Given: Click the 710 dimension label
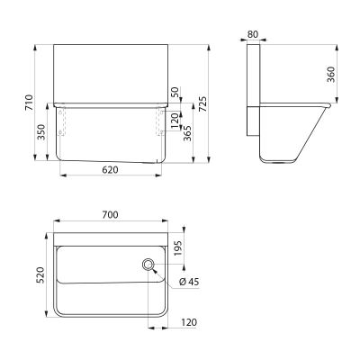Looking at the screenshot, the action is pyautogui.click(x=29, y=103).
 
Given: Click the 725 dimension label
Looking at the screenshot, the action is pyautogui.click(x=202, y=104).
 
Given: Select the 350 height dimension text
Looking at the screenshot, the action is pyautogui.click(x=41, y=132).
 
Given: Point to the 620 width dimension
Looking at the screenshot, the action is pyautogui.click(x=110, y=170).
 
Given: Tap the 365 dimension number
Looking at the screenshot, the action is pyautogui.click(x=187, y=133).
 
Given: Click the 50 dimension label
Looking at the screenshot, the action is pyautogui.click(x=175, y=92).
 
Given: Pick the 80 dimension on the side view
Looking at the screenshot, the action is pyautogui.click(x=253, y=34).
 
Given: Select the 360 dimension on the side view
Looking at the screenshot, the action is pyautogui.click(x=330, y=75).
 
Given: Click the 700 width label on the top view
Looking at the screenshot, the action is pyautogui.click(x=110, y=215).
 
